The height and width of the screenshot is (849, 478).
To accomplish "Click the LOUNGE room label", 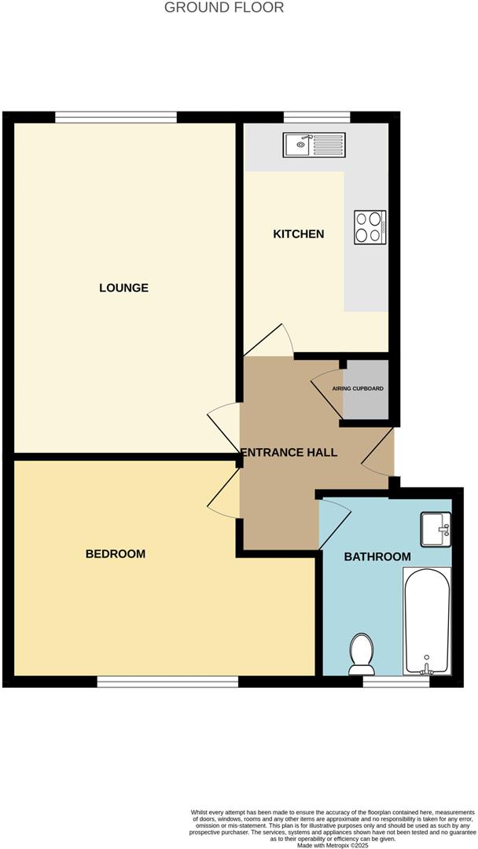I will (x=123, y=288).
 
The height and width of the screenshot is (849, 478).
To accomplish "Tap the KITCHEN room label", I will (x=298, y=234).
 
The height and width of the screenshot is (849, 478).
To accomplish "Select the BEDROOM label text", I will (x=116, y=554).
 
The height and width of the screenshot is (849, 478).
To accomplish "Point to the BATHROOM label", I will (x=377, y=557).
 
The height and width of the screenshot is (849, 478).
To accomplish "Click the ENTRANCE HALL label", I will (x=289, y=453).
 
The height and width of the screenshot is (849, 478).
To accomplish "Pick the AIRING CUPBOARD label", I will (x=358, y=389).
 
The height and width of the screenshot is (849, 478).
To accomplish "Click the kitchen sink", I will (x=314, y=145).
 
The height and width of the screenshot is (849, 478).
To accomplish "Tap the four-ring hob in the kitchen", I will (x=369, y=226).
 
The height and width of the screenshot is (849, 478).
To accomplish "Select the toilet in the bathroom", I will (x=361, y=654).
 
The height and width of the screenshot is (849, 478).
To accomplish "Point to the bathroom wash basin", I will (x=436, y=529).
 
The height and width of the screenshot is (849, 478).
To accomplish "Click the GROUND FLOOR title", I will (x=224, y=8).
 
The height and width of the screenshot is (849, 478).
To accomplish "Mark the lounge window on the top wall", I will (x=116, y=117).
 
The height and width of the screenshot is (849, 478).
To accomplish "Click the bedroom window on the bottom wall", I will (x=168, y=682).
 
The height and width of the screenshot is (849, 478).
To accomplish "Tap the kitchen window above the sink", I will (x=317, y=117).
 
